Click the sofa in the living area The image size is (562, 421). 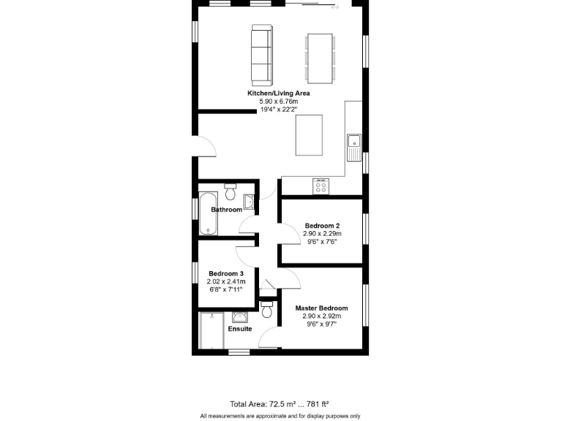(x=261, y=53)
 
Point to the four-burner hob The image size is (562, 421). (x=321, y=186)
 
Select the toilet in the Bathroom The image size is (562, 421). (x=231, y=191)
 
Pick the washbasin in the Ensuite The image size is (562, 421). (x=240, y=317)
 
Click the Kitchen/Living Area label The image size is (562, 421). (x=278, y=94)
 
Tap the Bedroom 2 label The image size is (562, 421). (x=323, y=225)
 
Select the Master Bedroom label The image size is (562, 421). (x=321, y=308)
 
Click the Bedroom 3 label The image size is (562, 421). (x=226, y=273)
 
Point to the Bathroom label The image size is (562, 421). (x=226, y=210)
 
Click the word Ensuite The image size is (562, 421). (x=239, y=329)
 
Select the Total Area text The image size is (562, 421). (x=279, y=403)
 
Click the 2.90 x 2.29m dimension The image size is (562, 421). (x=323, y=234)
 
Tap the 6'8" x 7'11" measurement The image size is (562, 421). (x=226, y=289)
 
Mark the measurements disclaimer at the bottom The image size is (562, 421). (x=280, y=416)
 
